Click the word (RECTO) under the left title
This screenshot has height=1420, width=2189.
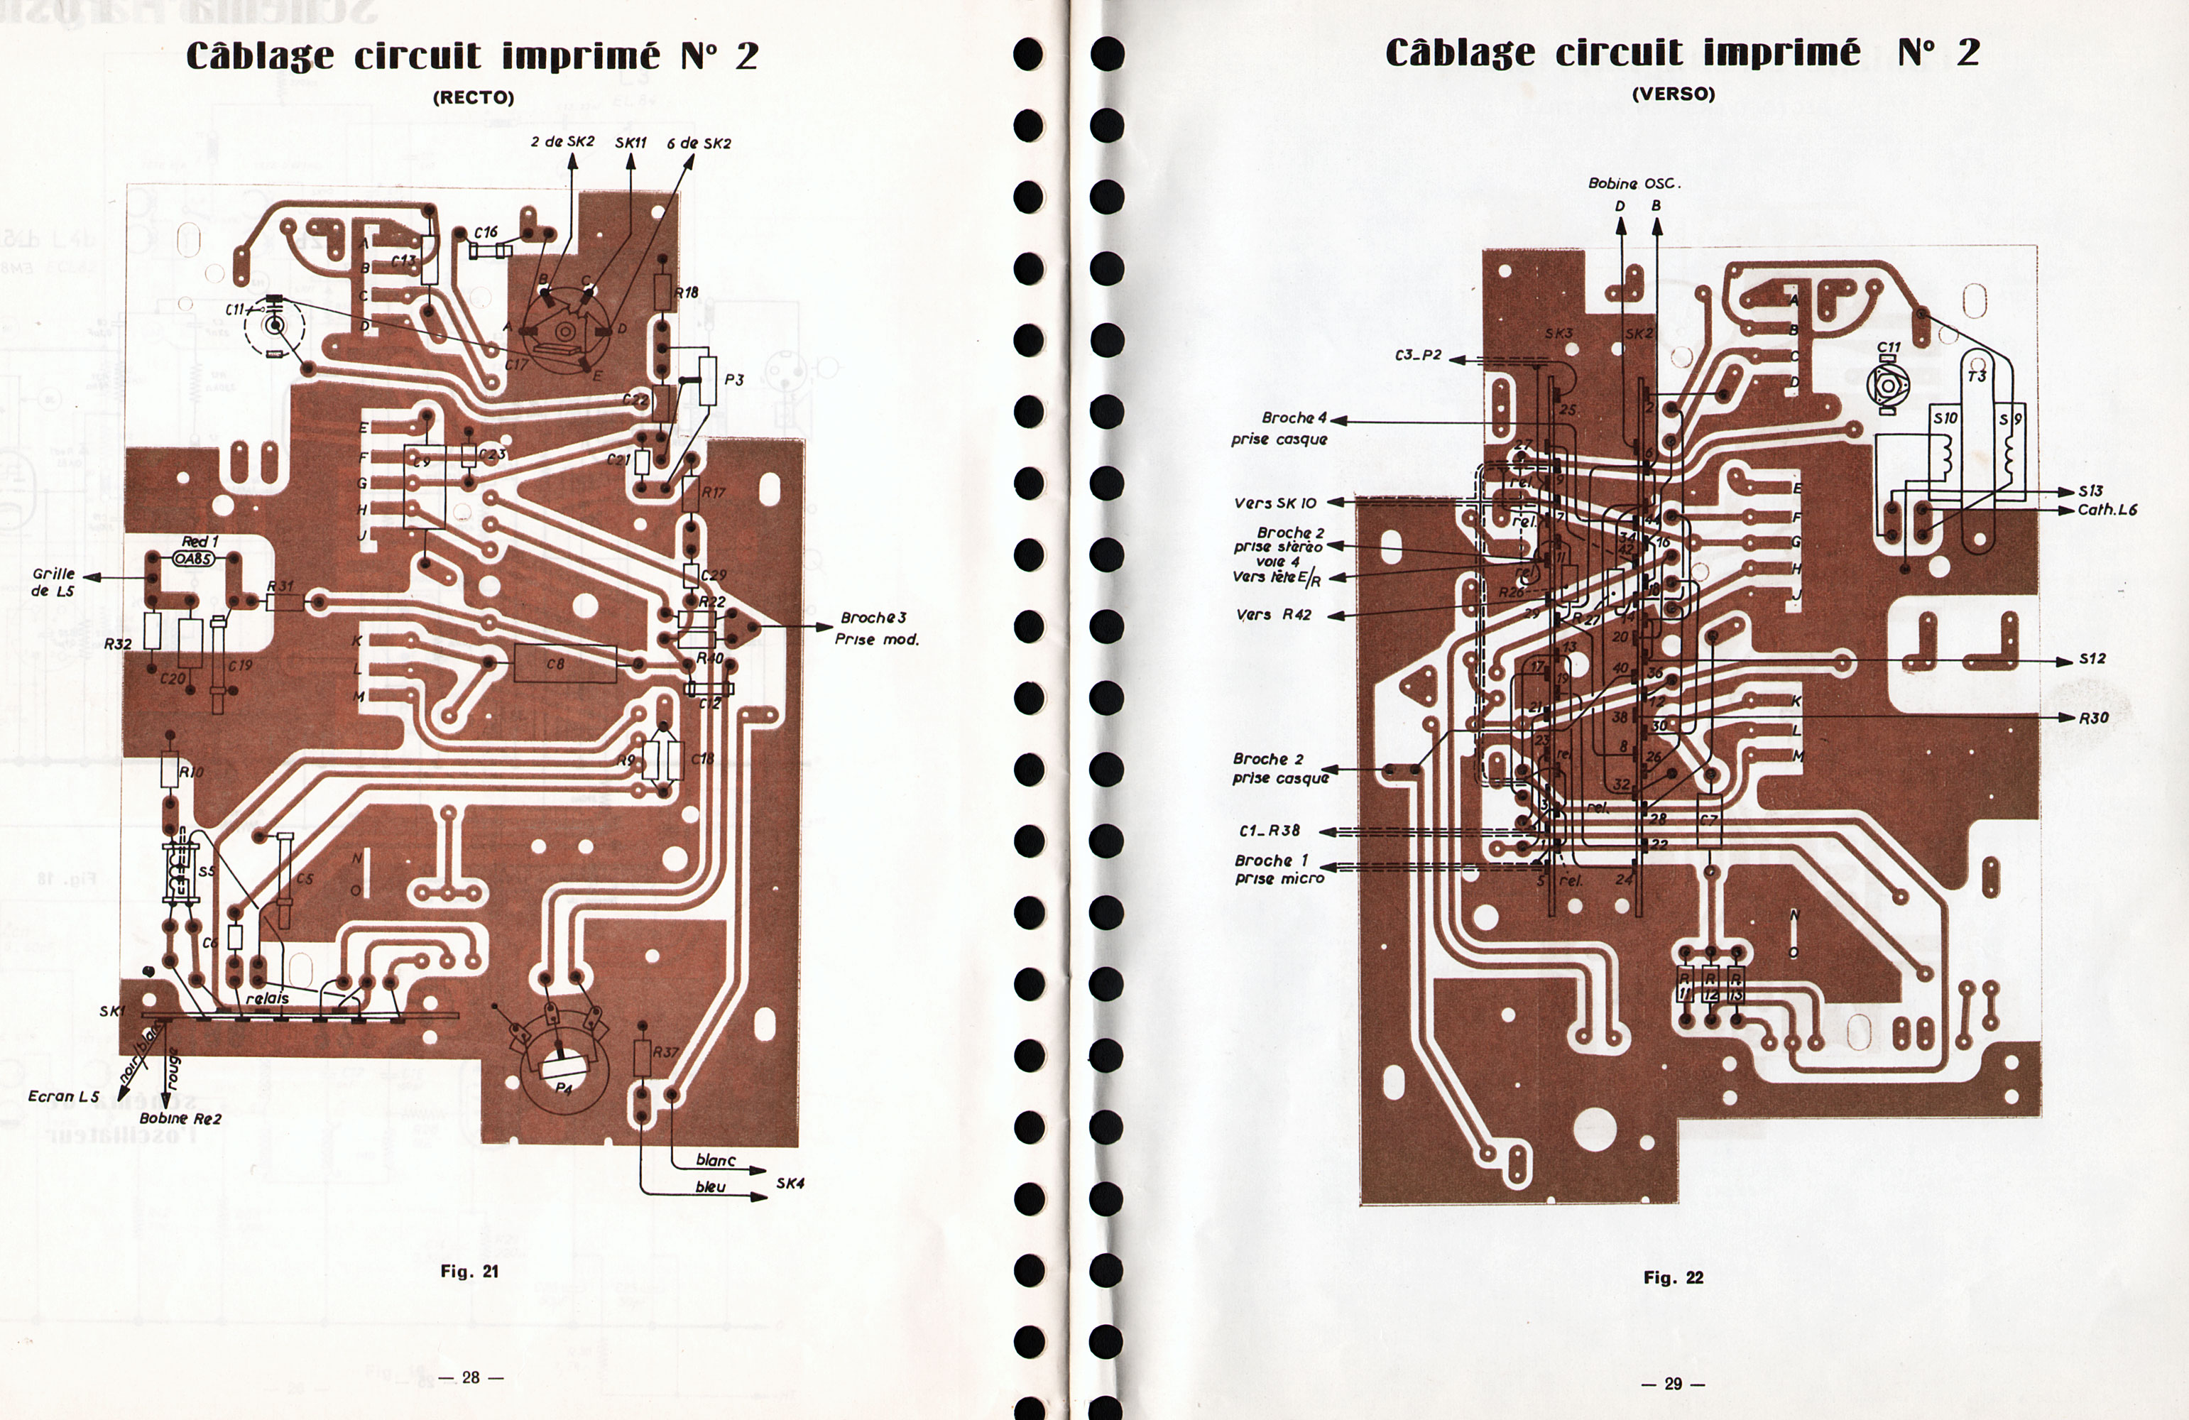(x=473, y=97)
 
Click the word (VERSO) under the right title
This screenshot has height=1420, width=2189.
(x=1673, y=94)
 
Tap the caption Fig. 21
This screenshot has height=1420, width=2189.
(x=469, y=1271)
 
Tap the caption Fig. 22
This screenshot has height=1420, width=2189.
(x=1673, y=1277)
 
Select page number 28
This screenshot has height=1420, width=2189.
(x=471, y=1377)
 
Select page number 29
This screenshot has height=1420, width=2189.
(x=1673, y=1383)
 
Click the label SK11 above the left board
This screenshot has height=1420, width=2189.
(x=631, y=143)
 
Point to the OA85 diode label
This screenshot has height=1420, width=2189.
(x=193, y=558)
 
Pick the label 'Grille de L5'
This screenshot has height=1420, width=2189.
(x=53, y=582)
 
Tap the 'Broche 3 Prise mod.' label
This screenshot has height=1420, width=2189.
(x=875, y=628)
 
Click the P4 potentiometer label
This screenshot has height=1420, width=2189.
(x=564, y=1088)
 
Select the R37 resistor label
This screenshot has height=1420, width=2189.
(x=665, y=1052)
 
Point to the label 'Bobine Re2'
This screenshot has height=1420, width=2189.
(x=180, y=1118)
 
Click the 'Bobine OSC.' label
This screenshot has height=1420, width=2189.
(x=1634, y=183)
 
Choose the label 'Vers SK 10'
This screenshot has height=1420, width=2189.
(x=1274, y=503)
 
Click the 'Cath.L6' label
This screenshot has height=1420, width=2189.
(x=2107, y=510)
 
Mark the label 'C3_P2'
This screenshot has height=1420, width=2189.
(x=1418, y=355)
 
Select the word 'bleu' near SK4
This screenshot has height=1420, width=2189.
(x=710, y=1187)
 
